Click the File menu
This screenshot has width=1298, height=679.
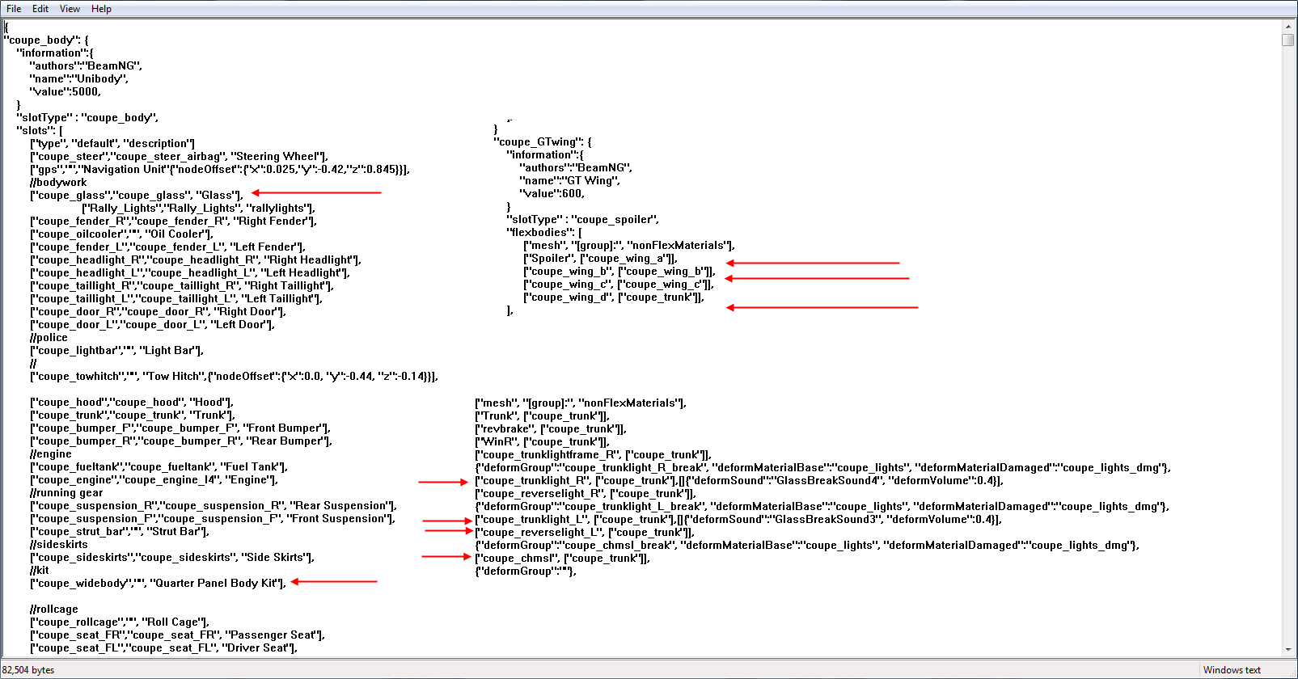point(14,9)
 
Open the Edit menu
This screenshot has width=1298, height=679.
point(40,9)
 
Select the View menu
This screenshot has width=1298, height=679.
point(70,9)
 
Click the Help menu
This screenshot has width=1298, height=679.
point(101,9)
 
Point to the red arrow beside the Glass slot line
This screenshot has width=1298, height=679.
point(316,192)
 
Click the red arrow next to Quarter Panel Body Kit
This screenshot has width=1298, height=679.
point(334,581)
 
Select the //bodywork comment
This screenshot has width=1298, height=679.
point(58,183)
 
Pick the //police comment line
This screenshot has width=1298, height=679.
point(49,337)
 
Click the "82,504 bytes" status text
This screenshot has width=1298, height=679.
point(28,670)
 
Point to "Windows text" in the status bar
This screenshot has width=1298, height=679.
point(1232,670)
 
